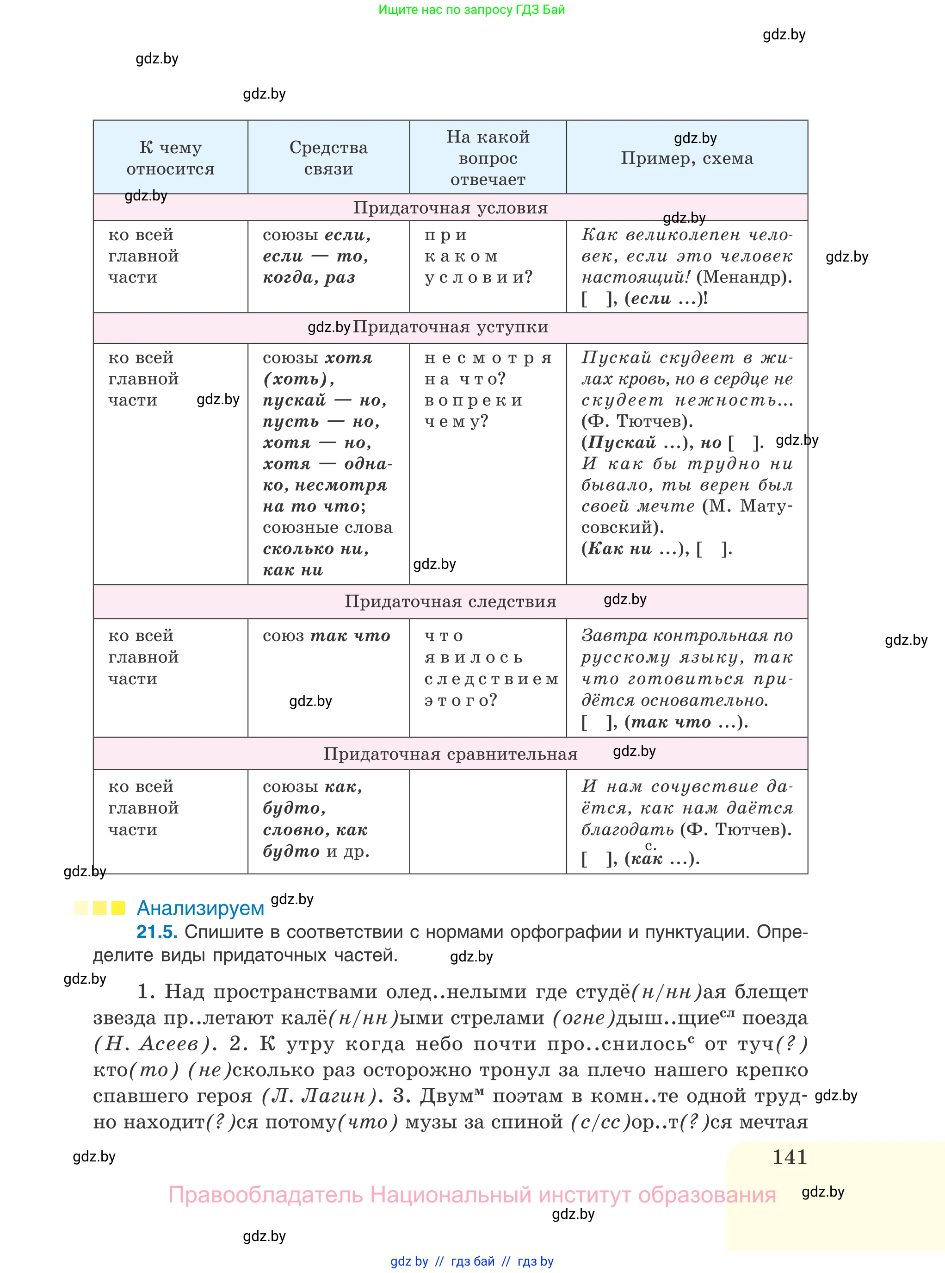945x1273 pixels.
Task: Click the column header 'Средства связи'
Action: pyautogui.click(x=328, y=158)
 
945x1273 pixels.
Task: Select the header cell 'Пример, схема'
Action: pyautogui.click(x=686, y=159)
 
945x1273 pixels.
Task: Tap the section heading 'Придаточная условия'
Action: pyautogui.click(x=450, y=208)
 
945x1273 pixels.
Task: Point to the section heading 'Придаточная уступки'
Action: pyautogui.click(x=450, y=327)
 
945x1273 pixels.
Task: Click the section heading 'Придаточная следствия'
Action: pyautogui.click(x=450, y=602)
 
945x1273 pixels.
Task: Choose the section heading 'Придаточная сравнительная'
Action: pyautogui.click(x=450, y=754)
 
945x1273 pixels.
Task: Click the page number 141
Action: pyautogui.click(x=790, y=1157)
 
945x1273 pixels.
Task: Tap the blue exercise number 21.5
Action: pyautogui.click(x=157, y=932)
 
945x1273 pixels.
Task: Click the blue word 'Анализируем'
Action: pyautogui.click(x=200, y=908)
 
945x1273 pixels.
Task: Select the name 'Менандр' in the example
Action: pyautogui.click(x=744, y=278)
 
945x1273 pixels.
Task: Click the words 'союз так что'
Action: pyautogui.click(x=326, y=636)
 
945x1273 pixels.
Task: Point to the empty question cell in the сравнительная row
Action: pyautogui.click(x=488, y=821)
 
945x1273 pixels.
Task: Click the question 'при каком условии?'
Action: pyautogui.click(x=478, y=256)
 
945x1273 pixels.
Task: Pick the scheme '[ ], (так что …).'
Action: pyautogui.click(x=664, y=722)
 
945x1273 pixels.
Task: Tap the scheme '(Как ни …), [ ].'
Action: pyautogui.click(x=656, y=549)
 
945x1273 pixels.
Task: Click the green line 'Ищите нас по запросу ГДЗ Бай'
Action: pyautogui.click(x=471, y=10)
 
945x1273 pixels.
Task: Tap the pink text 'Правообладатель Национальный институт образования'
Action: pyautogui.click(x=471, y=1195)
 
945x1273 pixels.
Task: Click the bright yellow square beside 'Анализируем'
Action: pyautogui.click(x=118, y=908)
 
